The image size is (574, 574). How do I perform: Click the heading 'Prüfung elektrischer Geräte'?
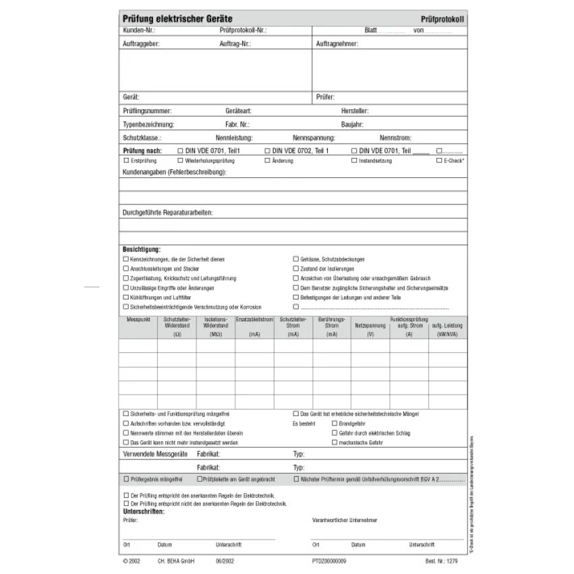pyautogui.click(x=177, y=20)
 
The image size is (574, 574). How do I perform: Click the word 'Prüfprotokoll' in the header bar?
pyautogui.click(x=442, y=20)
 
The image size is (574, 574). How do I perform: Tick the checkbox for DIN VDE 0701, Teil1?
pyautogui.click(x=180, y=151)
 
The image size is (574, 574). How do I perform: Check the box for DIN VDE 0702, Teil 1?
pyautogui.click(x=267, y=151)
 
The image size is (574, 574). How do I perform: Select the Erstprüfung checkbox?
pyautogui.click(x=125, y=161)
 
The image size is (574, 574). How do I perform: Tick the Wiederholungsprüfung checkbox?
pyautogui.click(x=180, y=161)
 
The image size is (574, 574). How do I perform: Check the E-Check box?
pyautogui.click(x=439, y=161)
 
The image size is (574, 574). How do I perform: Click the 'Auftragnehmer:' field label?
pyautogui.click(x=337, y=45)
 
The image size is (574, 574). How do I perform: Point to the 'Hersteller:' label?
pyautogui.click(x=355, y=111)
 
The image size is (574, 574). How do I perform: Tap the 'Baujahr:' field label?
pyautogui.click(x=353, y=125)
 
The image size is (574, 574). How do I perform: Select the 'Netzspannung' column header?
pyautogui.click(x=370, y=325)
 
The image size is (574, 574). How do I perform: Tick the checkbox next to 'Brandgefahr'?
pyautogui.click(x=334, y=424)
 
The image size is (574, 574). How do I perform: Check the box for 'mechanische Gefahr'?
pyautogui.click(x=334, y=442)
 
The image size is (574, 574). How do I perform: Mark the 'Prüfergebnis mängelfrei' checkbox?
pyautogui.click(x=125, y=479)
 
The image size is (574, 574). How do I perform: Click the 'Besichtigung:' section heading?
pyautogui.click(x=142, y=250)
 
